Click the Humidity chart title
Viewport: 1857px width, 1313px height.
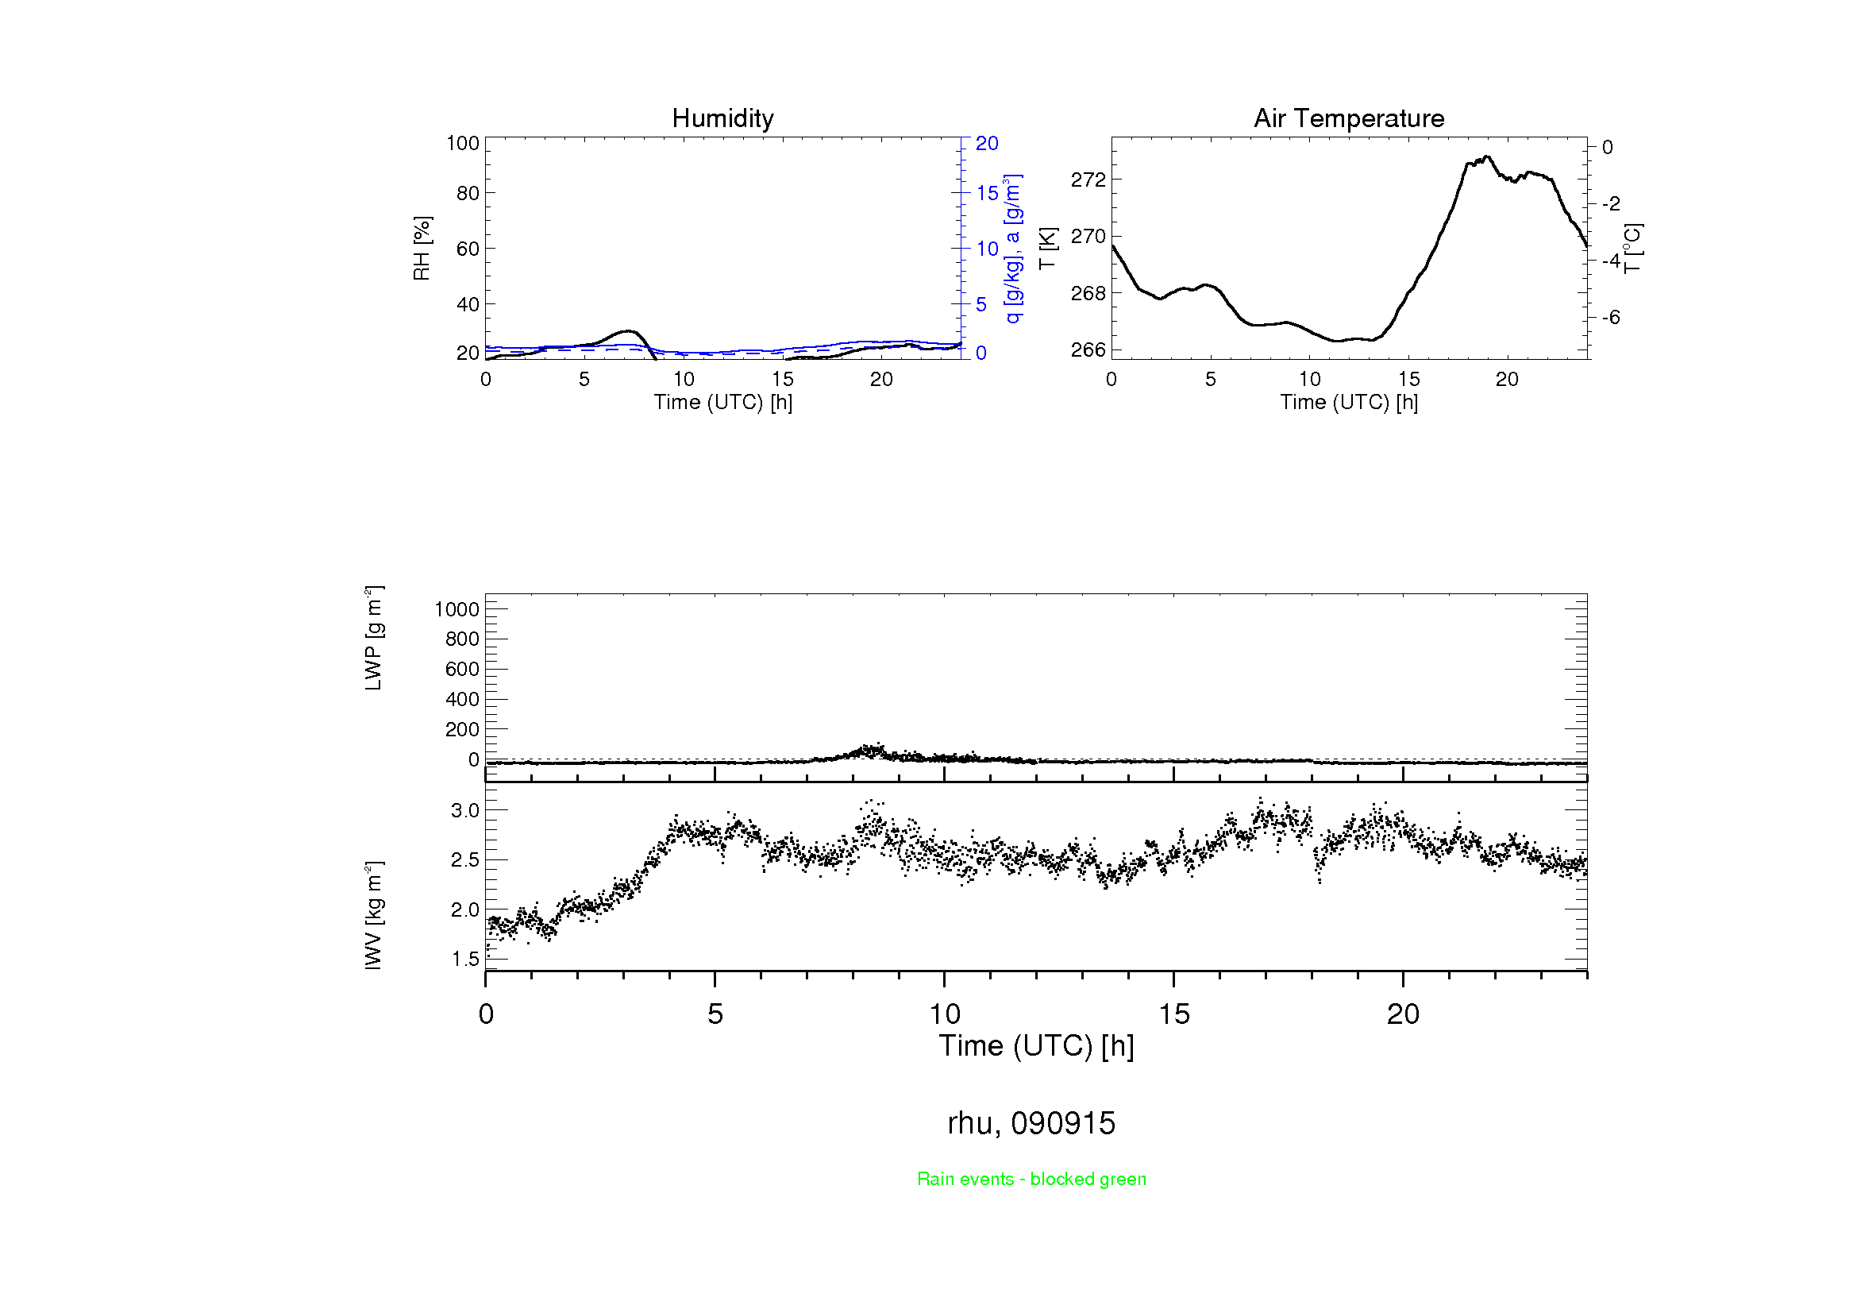click(x=722, y=118)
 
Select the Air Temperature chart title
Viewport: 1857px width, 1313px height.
click(x=1348, y=118)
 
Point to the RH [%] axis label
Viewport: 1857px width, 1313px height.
click(x=422, y=249)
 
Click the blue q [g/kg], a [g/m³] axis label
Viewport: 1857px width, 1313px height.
click(x=1012, y=249)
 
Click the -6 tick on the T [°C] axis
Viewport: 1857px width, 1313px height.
click(x=1610, y=317)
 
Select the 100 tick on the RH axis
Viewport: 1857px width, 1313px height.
click(x=463, y=143)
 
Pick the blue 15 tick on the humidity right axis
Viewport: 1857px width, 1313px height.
click(x=987, y=192)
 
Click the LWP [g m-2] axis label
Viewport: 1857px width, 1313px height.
click(x=373, y=638)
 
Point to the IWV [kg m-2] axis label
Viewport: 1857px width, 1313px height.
click(x=373, y=915)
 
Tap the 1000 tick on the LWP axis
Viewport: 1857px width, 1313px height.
click(x=457, y=609)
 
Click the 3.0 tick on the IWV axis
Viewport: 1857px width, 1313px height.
click(x=465, y=811)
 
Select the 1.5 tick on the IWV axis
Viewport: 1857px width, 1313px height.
click(x=465, y=960)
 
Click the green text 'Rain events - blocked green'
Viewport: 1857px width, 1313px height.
click(x=1031, y=1179)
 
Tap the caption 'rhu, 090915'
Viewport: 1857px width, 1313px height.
click(x=1031, y=1123)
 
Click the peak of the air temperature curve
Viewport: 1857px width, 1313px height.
click(x=1487, y=157)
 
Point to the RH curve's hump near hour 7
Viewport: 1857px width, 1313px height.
click(x=628, y=331)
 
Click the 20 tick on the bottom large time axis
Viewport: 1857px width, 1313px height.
click(x=1402, y=1014)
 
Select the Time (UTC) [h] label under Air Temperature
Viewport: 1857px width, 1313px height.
click(x=1348, y=402)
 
